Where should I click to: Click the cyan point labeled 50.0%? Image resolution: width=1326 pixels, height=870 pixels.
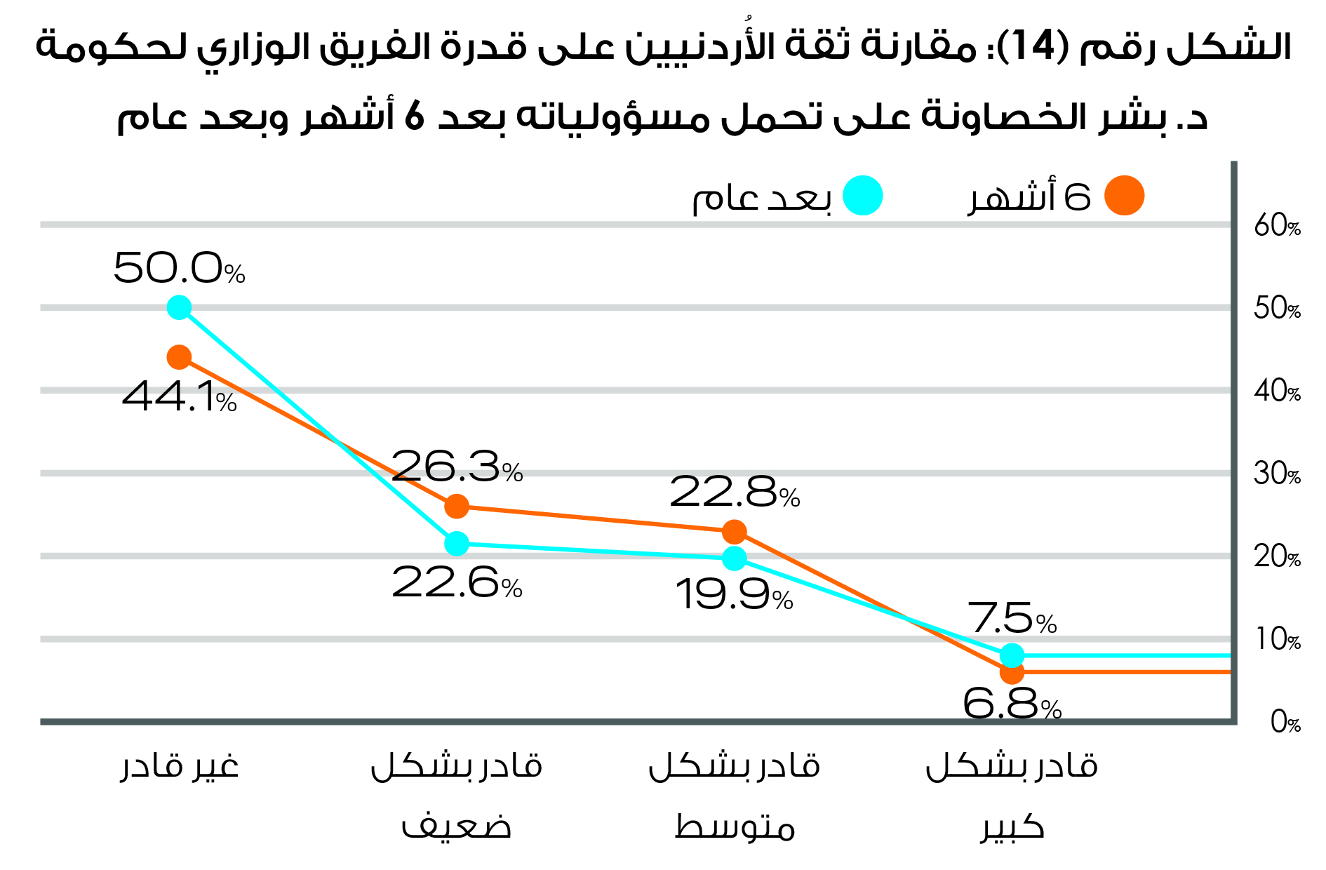179,307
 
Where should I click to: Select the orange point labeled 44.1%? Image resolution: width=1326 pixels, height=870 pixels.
179,357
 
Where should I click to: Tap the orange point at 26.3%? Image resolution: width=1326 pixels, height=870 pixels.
457,506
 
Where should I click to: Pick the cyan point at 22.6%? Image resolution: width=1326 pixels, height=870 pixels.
457,543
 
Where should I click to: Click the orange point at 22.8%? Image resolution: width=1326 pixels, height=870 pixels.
734,532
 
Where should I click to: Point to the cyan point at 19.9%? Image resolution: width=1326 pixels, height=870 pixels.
734,558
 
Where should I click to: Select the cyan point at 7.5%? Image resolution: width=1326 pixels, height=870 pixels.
1012,655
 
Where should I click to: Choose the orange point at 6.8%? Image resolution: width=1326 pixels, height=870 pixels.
1012,672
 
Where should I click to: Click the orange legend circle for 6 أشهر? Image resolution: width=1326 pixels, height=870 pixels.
1124,196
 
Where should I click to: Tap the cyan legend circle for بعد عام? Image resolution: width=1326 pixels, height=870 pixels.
862,196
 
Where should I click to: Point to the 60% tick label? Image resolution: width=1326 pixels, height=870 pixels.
1277,226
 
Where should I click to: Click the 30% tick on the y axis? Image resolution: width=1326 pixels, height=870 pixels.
1277,474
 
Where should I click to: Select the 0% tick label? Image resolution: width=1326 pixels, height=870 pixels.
1285,723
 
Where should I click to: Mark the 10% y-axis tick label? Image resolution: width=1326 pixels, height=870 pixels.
1277,640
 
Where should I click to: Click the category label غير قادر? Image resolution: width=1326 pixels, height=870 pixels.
180,766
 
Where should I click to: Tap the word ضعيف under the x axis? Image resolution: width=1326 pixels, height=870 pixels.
456,826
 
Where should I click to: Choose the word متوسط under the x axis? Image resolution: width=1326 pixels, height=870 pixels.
734,826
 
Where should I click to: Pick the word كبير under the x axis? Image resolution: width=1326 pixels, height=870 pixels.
1012,826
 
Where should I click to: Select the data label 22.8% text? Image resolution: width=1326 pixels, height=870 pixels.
734,493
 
